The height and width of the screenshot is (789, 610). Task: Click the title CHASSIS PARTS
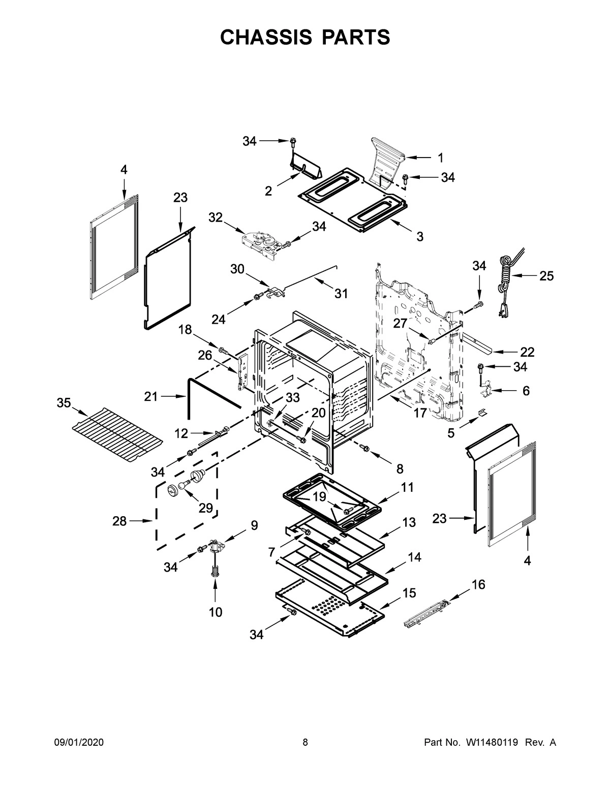click(x=305, y=38)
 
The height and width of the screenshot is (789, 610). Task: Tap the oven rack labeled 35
click(x=118, y=433)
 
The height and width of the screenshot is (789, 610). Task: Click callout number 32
click(x=216, y=217)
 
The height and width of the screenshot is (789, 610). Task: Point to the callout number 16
click(x=478, y=585)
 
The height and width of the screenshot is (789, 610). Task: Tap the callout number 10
click(x=216, y=612)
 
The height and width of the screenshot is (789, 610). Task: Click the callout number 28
click(x=119, y=521)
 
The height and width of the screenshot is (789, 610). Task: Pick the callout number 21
click(x=151, y=396)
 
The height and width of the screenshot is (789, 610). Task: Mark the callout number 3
click(x=420, y=236)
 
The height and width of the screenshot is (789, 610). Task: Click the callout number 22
click(x=527, y=352)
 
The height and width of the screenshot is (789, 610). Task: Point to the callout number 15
click(x=409, y=593)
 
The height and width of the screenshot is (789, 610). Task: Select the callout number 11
click(x=407, y=487)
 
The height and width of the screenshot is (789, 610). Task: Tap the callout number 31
click(x=341, y=293)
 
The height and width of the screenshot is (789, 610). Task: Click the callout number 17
click(x=420, y=413)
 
